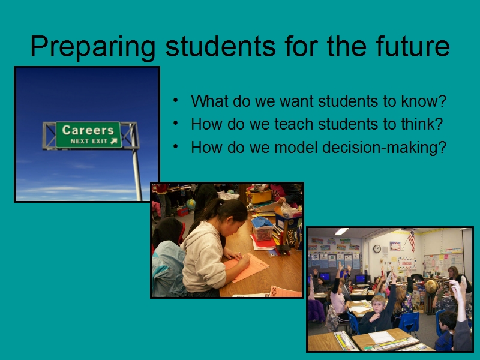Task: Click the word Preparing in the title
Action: (x=93, y=47)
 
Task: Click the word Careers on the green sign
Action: (x=88, y=130)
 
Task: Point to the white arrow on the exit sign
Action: (x=114, y=141)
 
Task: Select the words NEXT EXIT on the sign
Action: (x=89, y=141)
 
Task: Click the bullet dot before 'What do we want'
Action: (x=175, y=100)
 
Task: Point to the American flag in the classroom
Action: (x=412, y=241)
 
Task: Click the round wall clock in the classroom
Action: (x=377, y=249)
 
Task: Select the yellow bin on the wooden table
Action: (x=259, y=197)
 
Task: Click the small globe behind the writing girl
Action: (x=190, y=204)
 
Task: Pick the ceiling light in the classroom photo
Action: (x=341, y=232)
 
